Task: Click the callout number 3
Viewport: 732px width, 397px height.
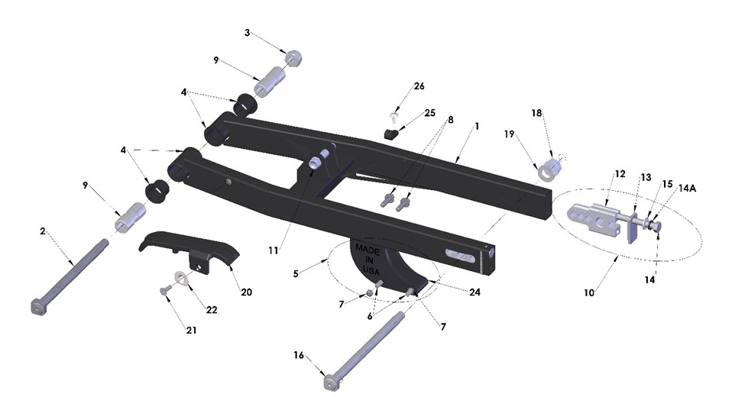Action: point(247,33)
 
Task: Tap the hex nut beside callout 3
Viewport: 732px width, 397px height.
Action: point(290,57)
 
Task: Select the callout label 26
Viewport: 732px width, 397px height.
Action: point(419,86)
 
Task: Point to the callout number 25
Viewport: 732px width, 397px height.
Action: point(429,113)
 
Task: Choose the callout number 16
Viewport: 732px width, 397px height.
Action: point(299,355)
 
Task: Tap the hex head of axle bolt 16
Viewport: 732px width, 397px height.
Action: point(330,381)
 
